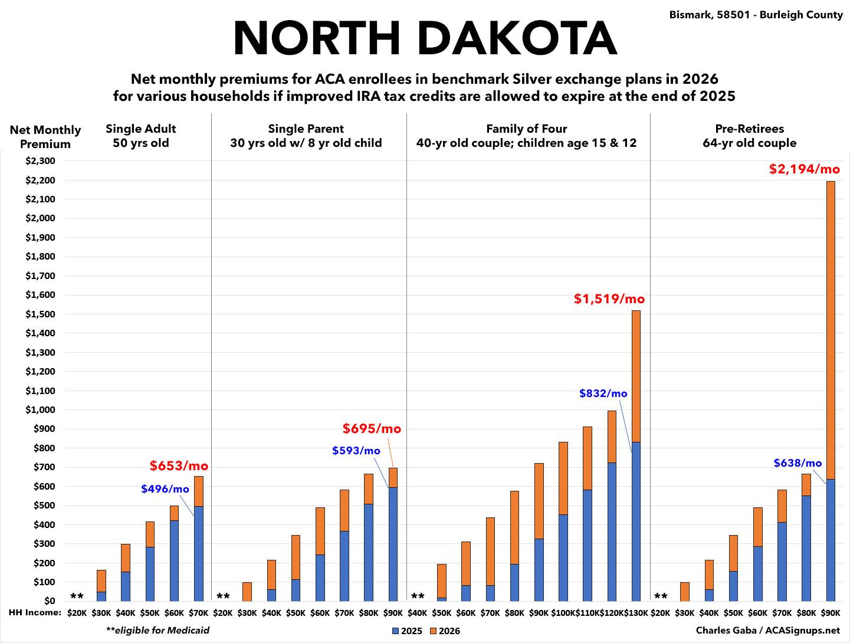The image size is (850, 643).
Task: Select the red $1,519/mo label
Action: (x=609, y=299)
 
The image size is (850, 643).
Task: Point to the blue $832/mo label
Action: (x=603, y=393)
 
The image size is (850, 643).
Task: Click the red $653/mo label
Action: (x=179, y=466)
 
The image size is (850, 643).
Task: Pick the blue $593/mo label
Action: (x=356, y=451)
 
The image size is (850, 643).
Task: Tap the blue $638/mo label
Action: (x=798, y=463)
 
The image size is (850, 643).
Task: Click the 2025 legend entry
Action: (x=407, y=631)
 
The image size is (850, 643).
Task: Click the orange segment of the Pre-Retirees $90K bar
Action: (x=831, y=330)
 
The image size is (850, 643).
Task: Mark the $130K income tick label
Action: (x=636, y=613)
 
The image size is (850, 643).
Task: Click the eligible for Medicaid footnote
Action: (x=157, y=630)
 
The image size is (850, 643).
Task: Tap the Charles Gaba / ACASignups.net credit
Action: (x=767, y=630)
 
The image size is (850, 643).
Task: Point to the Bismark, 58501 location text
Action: (x=756, y=15)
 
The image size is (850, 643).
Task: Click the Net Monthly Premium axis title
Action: (x=45, y=137)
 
